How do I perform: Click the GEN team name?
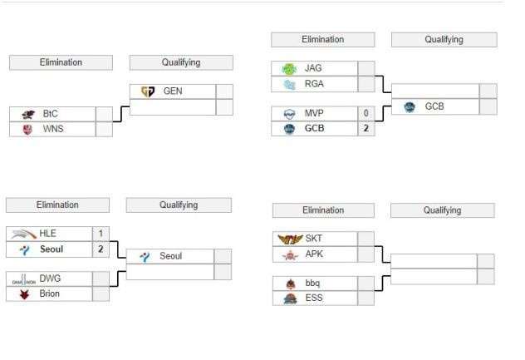pyautogui.click(x=173, y=91)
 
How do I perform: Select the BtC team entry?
pyautogui.click(x=51, y=114)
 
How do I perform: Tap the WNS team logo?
pyautogui.click(x=28, y=129)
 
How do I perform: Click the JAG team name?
pyautogui.click(x=313, y=69)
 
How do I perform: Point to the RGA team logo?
pyautogui.click(x=289, y=84)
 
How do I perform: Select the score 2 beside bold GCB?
pyautogui.click(x=366, y=129)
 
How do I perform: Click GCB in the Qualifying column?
pyautogui.click(x=434, y=106)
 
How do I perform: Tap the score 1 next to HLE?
pyautogui.click(x=101, y=234)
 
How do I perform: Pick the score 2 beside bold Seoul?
pyautogui.click(x=101, y=249)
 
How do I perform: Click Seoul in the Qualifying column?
pyautogui.click(x=170, y=256)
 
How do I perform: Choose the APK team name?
pyautogui.click(x=314, y=254)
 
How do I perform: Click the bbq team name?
pyautogui.click(x=313, y=284)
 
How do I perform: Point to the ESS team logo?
pyautogui.click(x=290, y=298)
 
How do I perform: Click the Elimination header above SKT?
pyautogui.click(x=323, y=210)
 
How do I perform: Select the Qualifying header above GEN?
pyautogui.click(x=181, y=62)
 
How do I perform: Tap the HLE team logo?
pyautogui.click(x=23, y=234)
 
